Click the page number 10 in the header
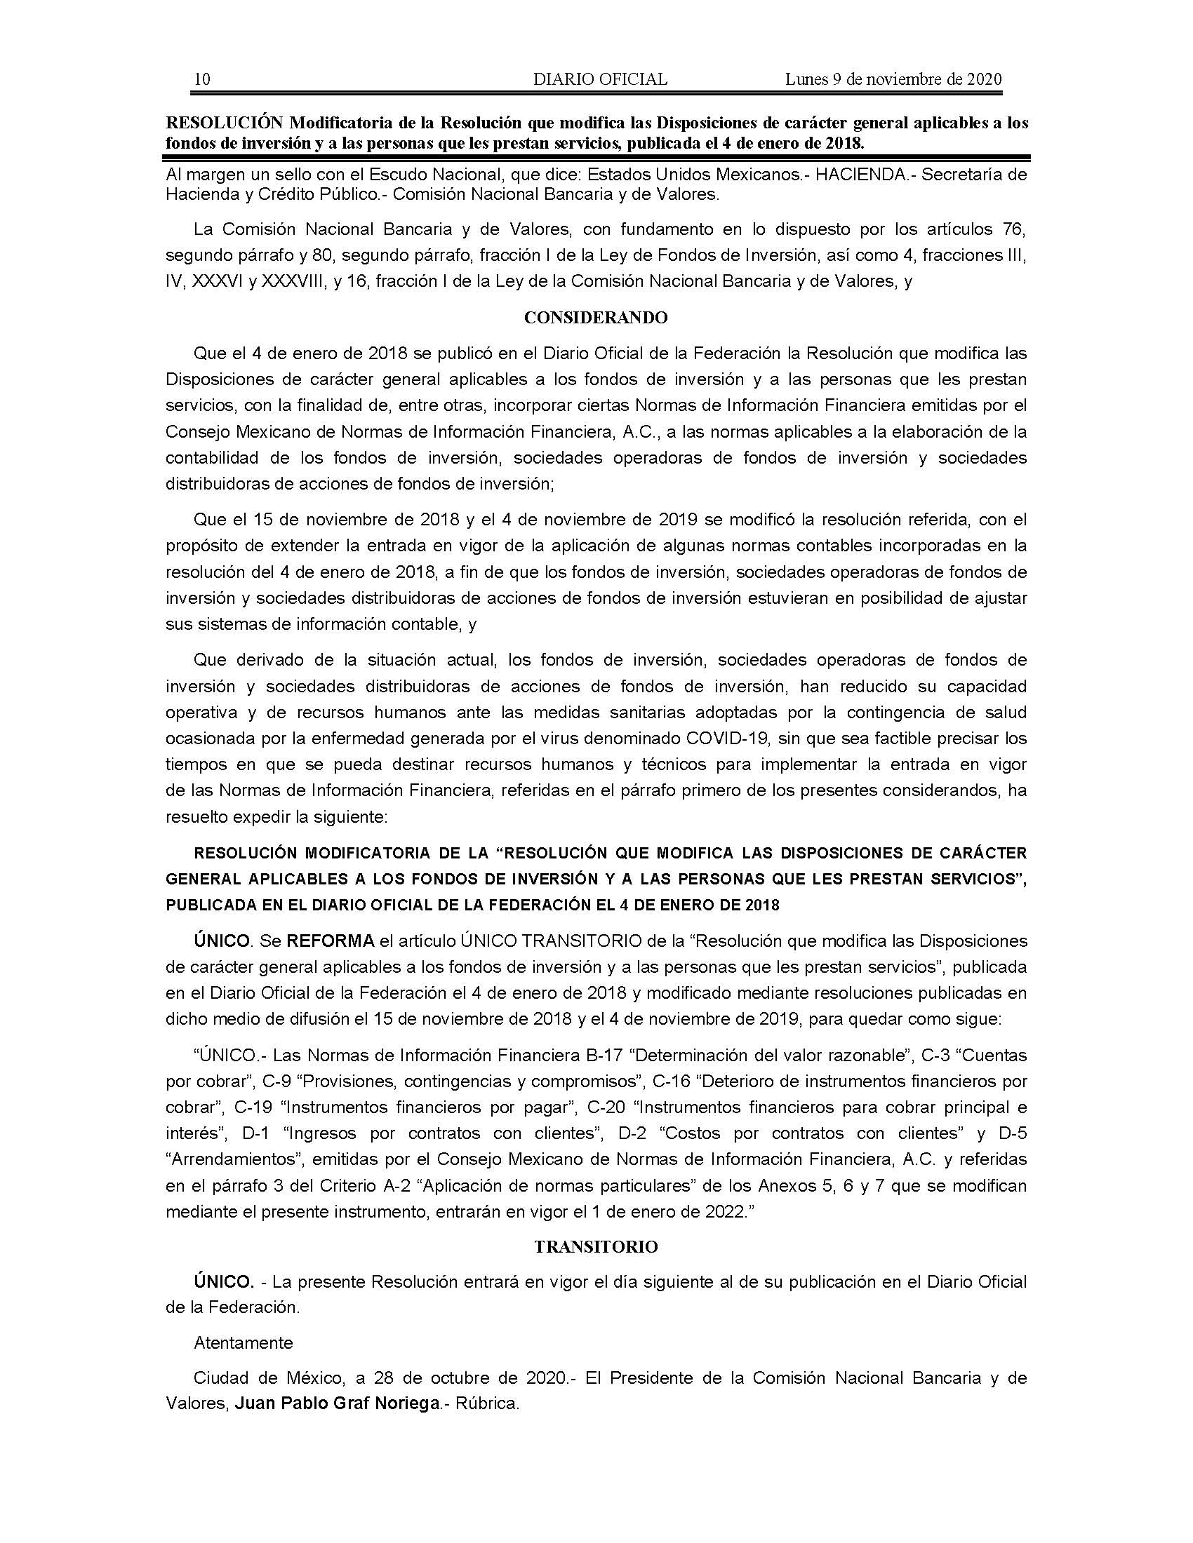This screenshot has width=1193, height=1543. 201,79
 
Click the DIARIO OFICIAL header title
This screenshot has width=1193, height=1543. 600,79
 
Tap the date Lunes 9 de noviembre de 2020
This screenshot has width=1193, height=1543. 893,79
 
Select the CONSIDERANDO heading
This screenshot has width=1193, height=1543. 596,318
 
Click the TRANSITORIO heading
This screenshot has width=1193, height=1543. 596,1247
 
